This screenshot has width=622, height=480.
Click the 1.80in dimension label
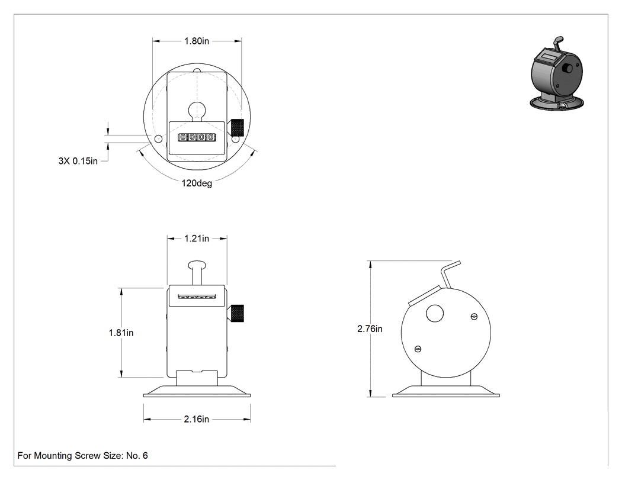coord(196,41)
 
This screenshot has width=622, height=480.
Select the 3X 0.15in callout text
coord(78,161)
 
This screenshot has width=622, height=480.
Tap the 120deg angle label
coord(197,183)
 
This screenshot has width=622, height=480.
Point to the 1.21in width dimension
coord(196,239)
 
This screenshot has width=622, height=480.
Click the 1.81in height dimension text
coord(121,333)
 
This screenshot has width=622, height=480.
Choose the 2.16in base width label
coord(196,420)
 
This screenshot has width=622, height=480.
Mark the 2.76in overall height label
coord(370,329)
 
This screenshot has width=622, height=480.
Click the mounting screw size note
coord(82,456)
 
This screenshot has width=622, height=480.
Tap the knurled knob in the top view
coord(237,128)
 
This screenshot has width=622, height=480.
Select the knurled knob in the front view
coord(237,313)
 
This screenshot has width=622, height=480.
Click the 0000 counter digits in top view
coord(197,137)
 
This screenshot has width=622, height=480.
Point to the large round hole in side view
coord(435,314)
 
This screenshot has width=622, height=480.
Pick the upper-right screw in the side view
coord(474,316)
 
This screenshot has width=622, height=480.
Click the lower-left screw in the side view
coord(417,349)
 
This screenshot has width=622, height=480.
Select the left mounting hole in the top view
coord(158,139)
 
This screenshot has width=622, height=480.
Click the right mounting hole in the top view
coord(236,139)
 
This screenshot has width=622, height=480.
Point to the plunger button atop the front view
coord(197,265)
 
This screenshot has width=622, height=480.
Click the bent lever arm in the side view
coord(450,273)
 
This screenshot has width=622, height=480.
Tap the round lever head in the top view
coord(197,110)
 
